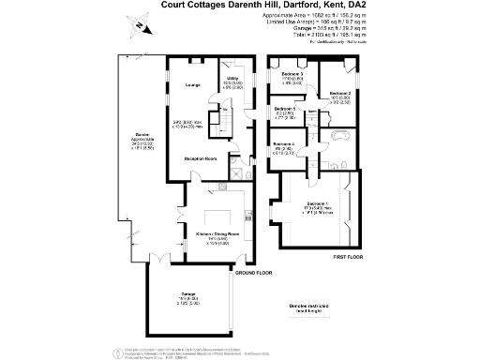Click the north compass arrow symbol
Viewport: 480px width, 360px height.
[x=137, y=26]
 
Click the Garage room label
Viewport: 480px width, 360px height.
[x=188, y=295]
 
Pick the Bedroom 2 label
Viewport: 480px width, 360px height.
[x=339, y=94]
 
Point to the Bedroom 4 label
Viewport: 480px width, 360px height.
[x=284, y=143]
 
